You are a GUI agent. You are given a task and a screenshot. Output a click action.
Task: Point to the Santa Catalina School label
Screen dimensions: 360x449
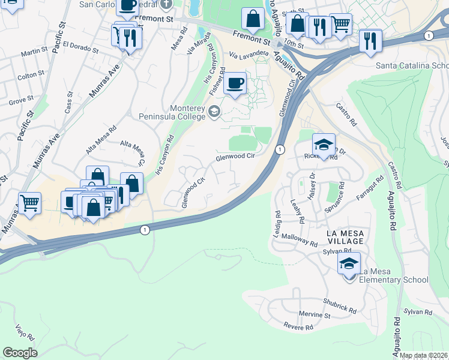point(412,65)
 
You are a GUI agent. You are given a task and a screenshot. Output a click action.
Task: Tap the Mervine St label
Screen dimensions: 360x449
point(315,315)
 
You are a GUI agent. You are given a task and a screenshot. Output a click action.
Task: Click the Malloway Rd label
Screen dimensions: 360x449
point(298,241)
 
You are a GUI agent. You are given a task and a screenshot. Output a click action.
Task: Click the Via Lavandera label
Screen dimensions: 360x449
point(249,54)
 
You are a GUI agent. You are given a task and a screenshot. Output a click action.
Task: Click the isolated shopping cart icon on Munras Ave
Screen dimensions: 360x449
point(29,203)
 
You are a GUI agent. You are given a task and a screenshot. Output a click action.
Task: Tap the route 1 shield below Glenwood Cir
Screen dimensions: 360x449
point(279,149)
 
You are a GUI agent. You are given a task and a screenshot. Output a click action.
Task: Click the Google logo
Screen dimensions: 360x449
point(20,352)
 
